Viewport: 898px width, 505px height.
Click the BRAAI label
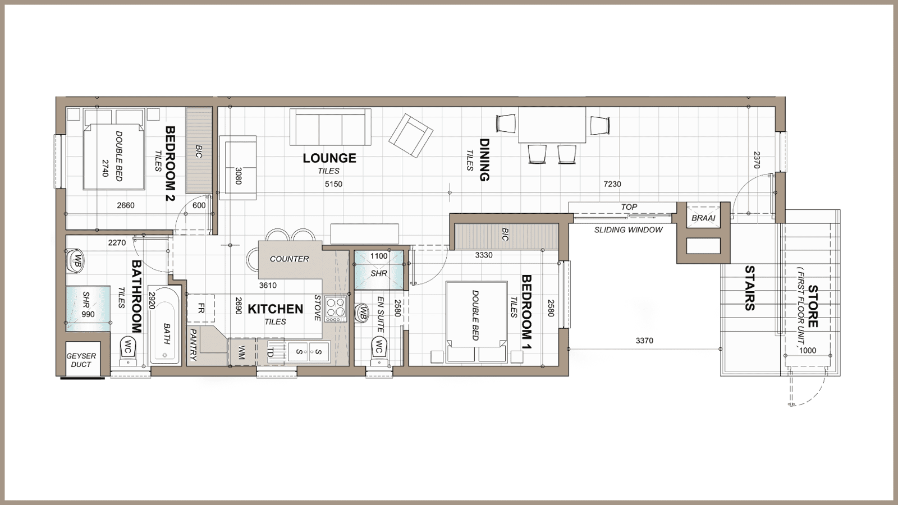pyautogui.click(x=704, y=218)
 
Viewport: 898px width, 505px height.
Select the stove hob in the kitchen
pyautogui.click(x=336, y=309)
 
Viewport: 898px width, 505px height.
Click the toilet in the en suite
pyautogui.click(x=379, y=350)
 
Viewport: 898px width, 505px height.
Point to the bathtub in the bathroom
pyautogui.click(x=164, y=325)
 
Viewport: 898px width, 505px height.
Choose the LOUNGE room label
pyautogui.click(x=329, y=158)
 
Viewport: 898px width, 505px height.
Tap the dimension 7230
pyautogui.click(x=612, y=184)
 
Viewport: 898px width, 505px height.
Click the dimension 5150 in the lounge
pyautogui.click(x=333, y=184)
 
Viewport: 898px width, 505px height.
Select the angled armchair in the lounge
pyautogui.click(x=411, y=135)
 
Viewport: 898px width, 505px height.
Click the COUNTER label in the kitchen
pyautogui.click(x=289, y=259)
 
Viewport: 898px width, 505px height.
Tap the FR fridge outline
pyautogui.click(x=201, y=309)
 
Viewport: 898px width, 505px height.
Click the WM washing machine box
pyautogui.click(x=241, y=352)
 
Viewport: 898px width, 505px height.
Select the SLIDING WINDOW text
pyautogui.click(x=628, y=230)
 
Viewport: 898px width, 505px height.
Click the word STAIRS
pyautogui.click(x=749, y=288)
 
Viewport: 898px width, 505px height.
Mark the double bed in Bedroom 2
pyautogui.click(x=114, y=156)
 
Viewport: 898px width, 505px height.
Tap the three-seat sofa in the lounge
pyautogui.click(x=331, y=127)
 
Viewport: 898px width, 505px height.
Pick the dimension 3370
pyautogui.click(x=644, y=341)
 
